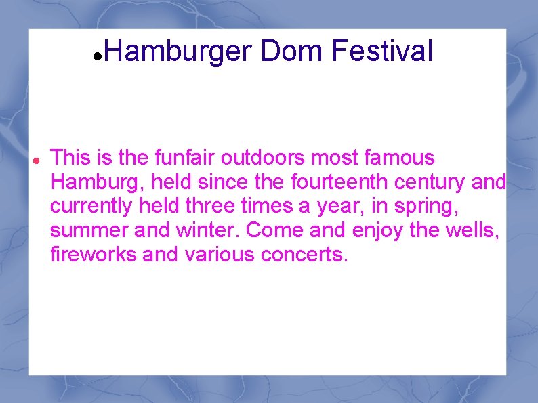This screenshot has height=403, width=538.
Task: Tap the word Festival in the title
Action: click(382, 51)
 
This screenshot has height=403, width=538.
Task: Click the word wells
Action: click(475, 231)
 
